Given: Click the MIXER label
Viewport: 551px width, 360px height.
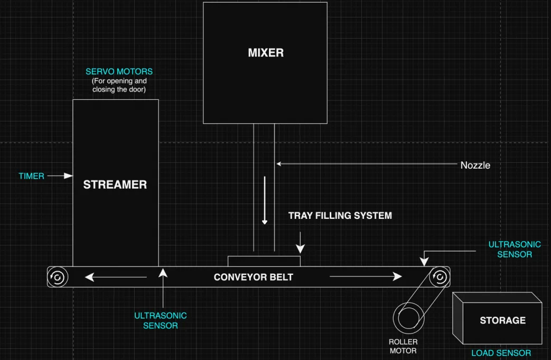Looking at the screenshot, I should [266, 53].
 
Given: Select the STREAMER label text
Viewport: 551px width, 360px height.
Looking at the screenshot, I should [115, 184].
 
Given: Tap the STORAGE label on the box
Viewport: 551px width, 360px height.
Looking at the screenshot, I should [502, 320].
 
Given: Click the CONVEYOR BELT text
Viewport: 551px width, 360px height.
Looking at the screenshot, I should [253, 277].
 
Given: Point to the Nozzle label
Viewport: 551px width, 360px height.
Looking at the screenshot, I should [475, 165].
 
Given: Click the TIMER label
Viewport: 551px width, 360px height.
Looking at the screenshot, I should [32, 176].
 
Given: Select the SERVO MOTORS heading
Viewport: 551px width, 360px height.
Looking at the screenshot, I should [119, 71].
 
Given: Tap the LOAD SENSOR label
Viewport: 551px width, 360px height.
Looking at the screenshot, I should [501, 353].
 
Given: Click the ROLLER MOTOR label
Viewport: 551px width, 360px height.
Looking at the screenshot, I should [403, 346].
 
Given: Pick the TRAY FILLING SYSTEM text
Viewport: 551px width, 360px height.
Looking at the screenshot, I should [340, 216].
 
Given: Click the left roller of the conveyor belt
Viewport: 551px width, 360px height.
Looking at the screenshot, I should [57, 276].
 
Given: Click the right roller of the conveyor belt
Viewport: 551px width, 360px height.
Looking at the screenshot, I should [440, 276].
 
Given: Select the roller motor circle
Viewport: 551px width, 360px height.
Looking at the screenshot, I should [409, 318].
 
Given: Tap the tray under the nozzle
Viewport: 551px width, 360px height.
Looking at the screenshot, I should [264, 261].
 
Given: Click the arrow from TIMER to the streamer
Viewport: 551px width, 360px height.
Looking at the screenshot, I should [60, 176].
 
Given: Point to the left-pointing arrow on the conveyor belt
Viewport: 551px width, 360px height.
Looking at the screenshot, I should [116, 276].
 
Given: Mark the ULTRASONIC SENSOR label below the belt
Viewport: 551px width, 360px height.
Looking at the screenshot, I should [160, 320].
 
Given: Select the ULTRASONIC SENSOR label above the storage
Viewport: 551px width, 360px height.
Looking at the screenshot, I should [514, 250].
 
